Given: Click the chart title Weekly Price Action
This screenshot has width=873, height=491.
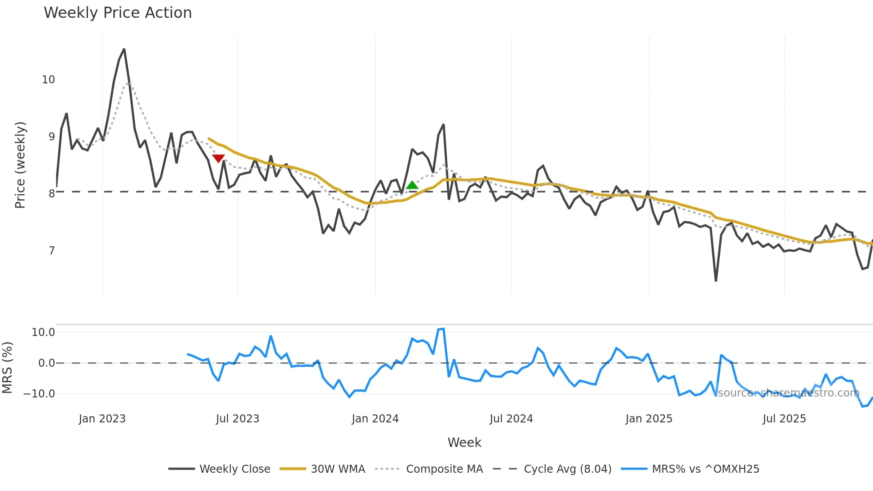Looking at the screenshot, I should pyautogui.click(x=118, y=13).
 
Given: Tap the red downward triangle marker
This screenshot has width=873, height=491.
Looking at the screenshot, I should pyautogui.click(x=218, y=158).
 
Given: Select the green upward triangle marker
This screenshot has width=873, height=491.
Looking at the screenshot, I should pyautogui.click(x=412, y=185).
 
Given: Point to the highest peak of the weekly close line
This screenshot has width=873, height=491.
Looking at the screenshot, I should pyautogui.click(x=124, y=49).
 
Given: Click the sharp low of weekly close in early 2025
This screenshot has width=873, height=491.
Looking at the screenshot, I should pyautogui.click(x=716, y=281).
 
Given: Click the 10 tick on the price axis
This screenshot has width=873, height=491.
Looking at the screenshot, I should pyautogui.click(x=48, y=80).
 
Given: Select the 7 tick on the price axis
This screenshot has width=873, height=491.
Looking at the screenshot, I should pyautogui.click(x=52, y=251).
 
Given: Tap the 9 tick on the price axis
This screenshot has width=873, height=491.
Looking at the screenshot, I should pyautogui.click(x=52, y=137).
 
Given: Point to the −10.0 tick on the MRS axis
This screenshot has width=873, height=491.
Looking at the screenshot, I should pyautogui.click(x=39, y=394).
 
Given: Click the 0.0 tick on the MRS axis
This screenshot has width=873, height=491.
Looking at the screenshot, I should pyautogui.click(x=46, y=363).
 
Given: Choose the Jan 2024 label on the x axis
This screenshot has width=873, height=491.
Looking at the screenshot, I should pyautogui.click(x=375, y=419).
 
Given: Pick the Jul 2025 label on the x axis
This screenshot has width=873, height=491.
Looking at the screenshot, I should pyautogui.click(x=784, y=419).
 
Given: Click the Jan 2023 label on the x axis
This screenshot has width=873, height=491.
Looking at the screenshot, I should pyautogui.click(x=102, y=419).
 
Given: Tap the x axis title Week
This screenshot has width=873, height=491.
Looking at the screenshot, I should pyautogui.click(x=464, y=442).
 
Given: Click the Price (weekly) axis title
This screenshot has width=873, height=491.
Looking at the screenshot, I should pyautogui.click(x=20, y=165).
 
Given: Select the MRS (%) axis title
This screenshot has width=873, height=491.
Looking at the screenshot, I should pyautogui.click(x=7, y=368).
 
